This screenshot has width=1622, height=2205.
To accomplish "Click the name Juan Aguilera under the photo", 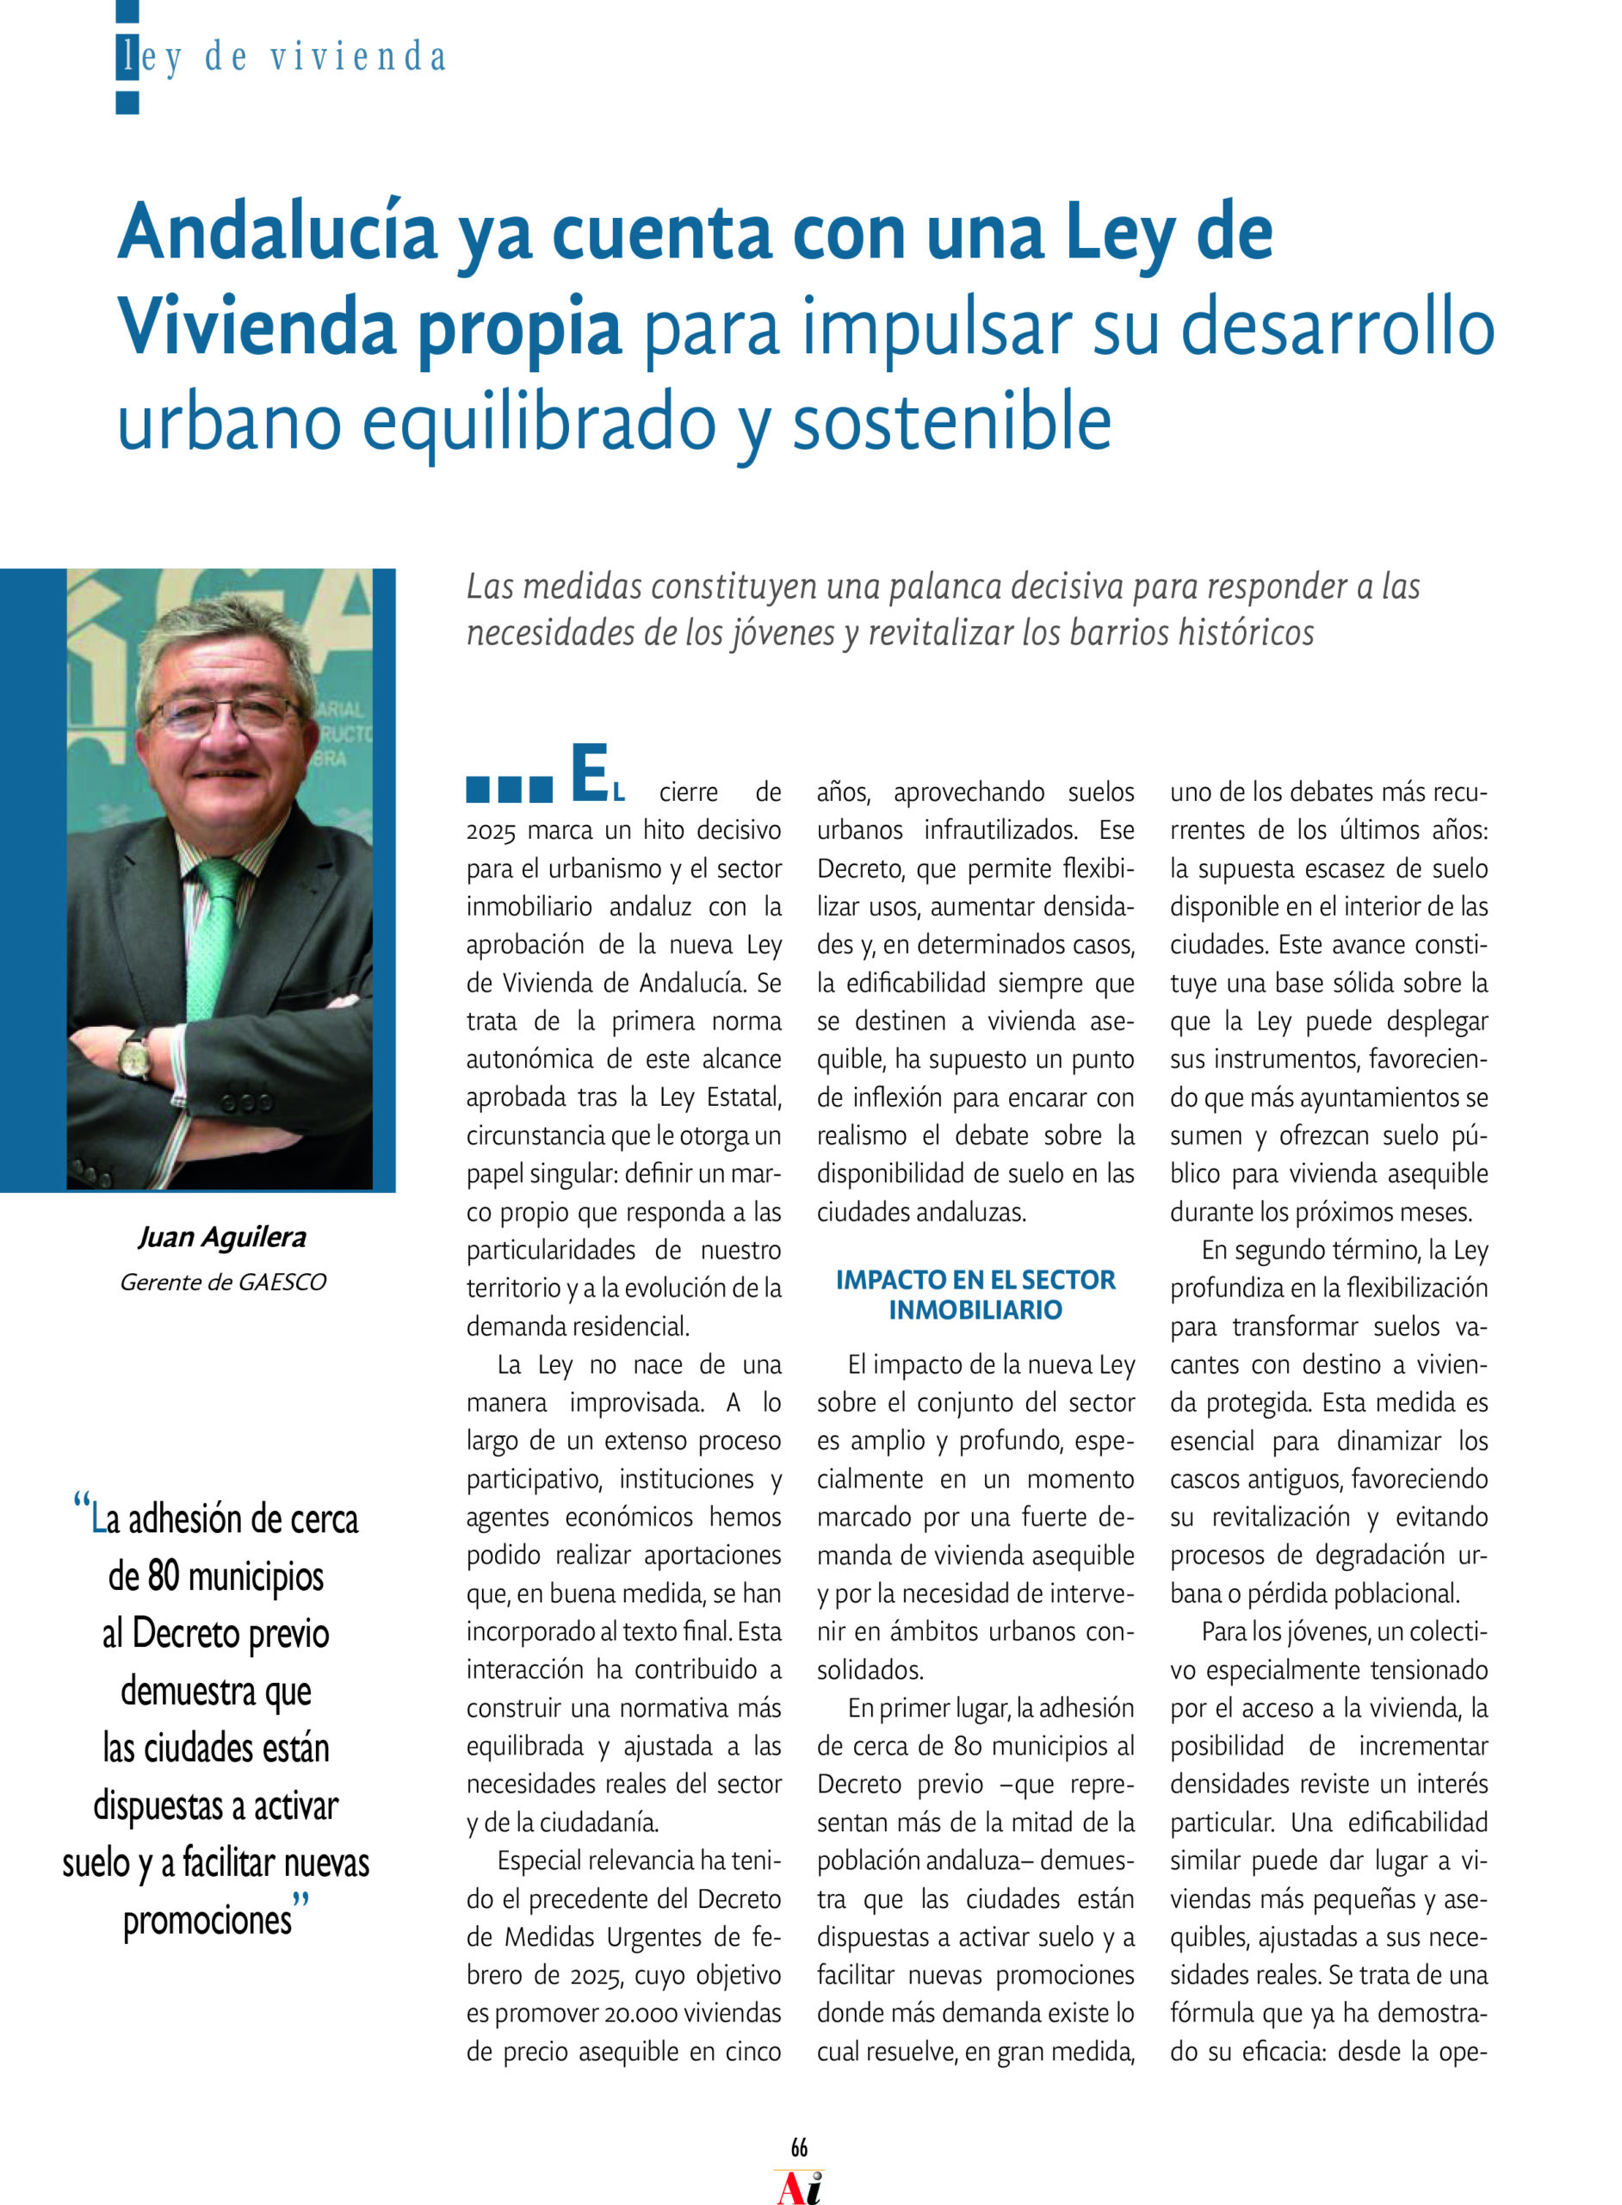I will coord(222,1238).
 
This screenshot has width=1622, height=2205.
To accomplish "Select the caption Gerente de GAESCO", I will coord(223,1282).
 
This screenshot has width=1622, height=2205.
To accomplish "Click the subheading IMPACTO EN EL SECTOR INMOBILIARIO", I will coord(975,1295).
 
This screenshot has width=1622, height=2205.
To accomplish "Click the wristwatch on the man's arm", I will coord(134,1056).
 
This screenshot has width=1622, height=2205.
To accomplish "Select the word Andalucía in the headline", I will coord(277,233).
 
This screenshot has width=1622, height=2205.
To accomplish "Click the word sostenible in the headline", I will coord(951,422).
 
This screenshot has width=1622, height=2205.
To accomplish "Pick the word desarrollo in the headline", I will coord(1337,328).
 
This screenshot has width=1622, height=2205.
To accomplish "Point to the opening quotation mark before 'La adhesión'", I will coord(82,1503).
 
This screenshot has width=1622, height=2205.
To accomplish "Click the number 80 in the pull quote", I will coord(163,1576).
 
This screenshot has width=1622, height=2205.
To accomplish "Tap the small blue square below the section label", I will coord(127,103).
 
